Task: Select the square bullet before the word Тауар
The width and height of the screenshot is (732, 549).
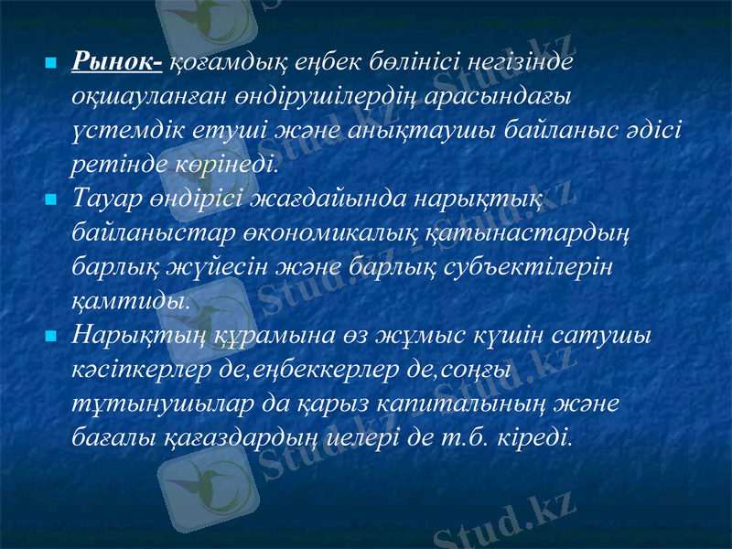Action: click(x=51, y=198)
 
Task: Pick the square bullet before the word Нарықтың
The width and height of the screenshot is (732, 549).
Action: click(x=51, y=337)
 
